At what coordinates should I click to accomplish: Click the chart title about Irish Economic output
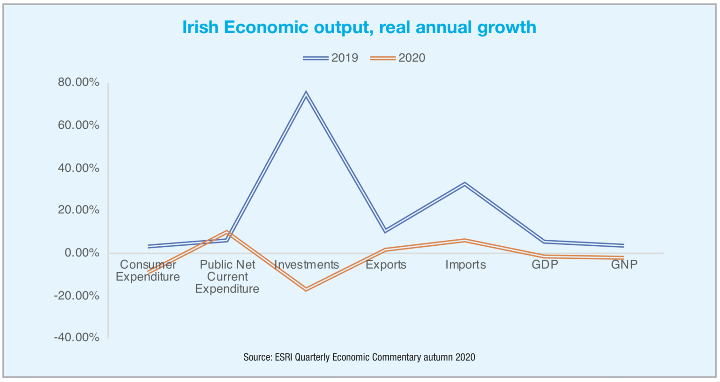coord(359,27)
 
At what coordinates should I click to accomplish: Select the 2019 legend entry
coord(330,58)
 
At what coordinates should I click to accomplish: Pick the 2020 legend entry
coord(398,58)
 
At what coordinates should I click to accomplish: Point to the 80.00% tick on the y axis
coord(79,82)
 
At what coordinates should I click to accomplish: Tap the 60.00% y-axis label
coord(79,125)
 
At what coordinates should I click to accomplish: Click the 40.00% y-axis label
coord(79,168)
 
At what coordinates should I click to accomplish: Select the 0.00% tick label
coord(82,253)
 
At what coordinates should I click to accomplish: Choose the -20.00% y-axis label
coord(77,295)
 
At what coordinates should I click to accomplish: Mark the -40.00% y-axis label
coord(77,337)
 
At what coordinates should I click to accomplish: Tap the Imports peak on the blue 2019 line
coord(465,184)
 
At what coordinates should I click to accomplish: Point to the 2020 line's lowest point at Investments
coord(306,289)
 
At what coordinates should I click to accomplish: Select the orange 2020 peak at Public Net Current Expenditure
coord(227,232)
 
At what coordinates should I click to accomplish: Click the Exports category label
coord(386,265)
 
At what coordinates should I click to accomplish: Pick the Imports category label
coord(465,265)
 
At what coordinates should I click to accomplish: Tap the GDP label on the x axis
coord(545,265)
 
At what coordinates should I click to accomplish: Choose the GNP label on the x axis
coord(624,265)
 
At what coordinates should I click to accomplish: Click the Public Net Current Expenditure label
coord(227,277)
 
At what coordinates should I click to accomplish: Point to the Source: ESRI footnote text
coord(359,357)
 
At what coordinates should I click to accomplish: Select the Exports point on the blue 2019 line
coord(385,231)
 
